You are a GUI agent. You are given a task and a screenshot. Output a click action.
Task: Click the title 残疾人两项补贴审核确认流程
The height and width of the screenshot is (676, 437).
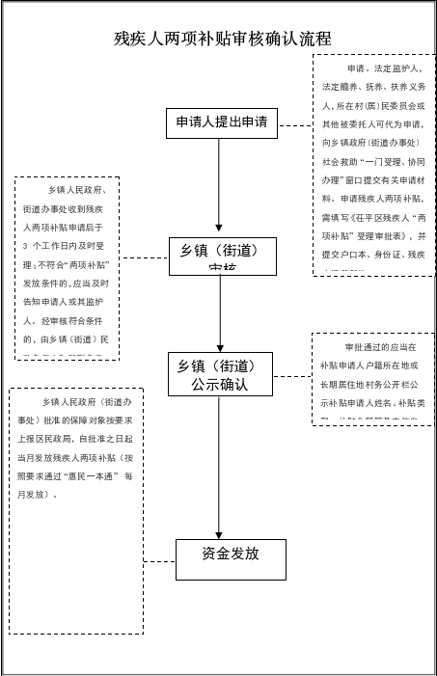pos(223,39)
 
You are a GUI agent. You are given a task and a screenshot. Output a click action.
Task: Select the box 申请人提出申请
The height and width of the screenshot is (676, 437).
pos(221,122)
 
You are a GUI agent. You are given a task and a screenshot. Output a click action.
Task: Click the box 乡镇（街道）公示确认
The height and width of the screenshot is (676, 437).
pos(219,375)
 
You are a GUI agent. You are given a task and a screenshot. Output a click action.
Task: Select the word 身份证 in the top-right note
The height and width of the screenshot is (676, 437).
pos(392,255)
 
